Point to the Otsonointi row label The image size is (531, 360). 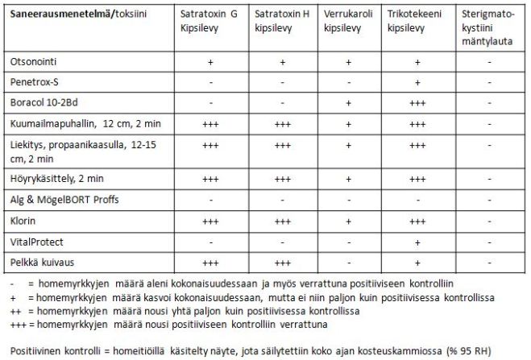34,61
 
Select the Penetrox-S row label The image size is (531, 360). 35,82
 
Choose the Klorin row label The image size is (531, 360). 23,220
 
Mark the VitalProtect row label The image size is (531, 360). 36,241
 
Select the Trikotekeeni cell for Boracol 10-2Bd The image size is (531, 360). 417,103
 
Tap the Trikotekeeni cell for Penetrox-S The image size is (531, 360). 417,82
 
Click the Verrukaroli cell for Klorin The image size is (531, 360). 348,220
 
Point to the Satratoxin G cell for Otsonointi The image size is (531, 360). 210,61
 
